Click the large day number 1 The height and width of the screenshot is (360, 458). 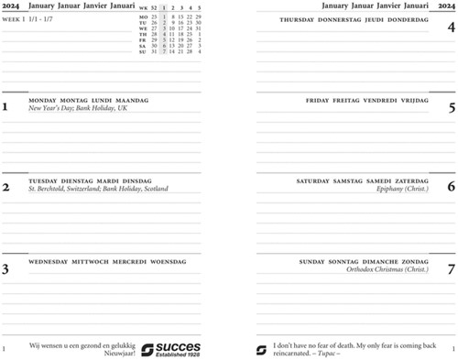click(5, 107)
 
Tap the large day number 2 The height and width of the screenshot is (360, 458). click(5, 188)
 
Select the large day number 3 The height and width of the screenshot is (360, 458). click(5, 268)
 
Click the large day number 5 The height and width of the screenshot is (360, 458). click(451, 107)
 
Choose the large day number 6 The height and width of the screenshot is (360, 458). click(451, 188)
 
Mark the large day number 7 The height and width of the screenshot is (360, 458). click(451, 268)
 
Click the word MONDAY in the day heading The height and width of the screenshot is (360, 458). click(42, 100)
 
